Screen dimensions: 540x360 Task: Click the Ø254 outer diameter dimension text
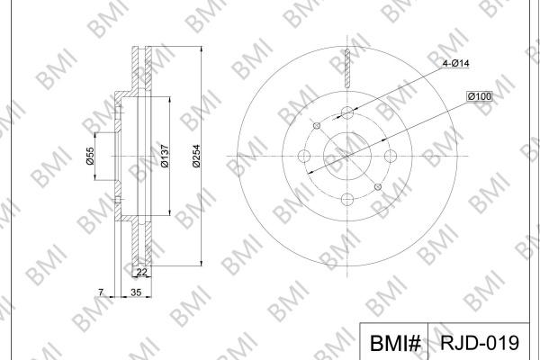point(196,156)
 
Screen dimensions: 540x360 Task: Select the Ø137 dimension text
point(165,156)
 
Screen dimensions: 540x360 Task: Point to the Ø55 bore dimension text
point(90,156)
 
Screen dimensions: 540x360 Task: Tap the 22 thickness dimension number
point(141,272)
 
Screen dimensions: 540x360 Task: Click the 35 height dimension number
point(136,292)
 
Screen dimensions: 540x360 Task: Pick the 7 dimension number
point(101,292)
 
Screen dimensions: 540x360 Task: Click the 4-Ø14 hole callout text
point(455,63)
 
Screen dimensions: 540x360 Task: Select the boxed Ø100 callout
point(480,96)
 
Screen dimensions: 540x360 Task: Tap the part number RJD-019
point(480,342)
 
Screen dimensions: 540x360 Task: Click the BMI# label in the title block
point(395,343)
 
